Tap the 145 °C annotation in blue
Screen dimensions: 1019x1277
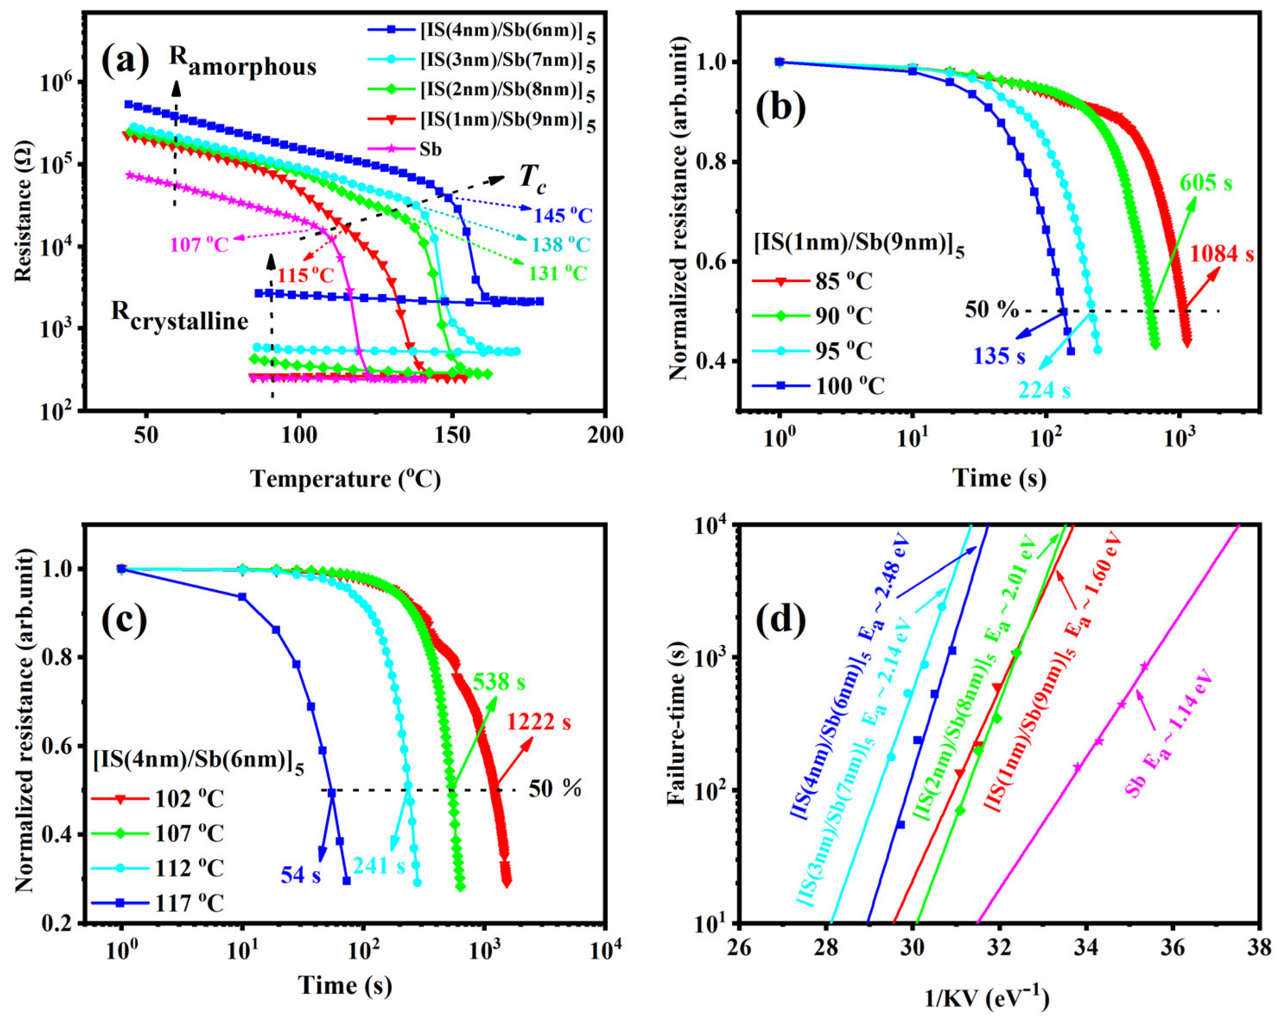[x=563, y=215]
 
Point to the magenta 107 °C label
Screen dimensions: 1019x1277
[x=199, y=244]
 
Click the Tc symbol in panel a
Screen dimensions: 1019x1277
[x=532, y=177]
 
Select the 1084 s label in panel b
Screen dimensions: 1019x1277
[x=1221, y=254]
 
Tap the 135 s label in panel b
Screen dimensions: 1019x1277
[x=999, y=356]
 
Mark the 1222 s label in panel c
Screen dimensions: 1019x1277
[x=539, y=722]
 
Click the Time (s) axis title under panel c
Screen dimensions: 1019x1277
[x=345, y=985]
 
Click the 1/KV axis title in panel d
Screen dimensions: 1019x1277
[x=987, y=999]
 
